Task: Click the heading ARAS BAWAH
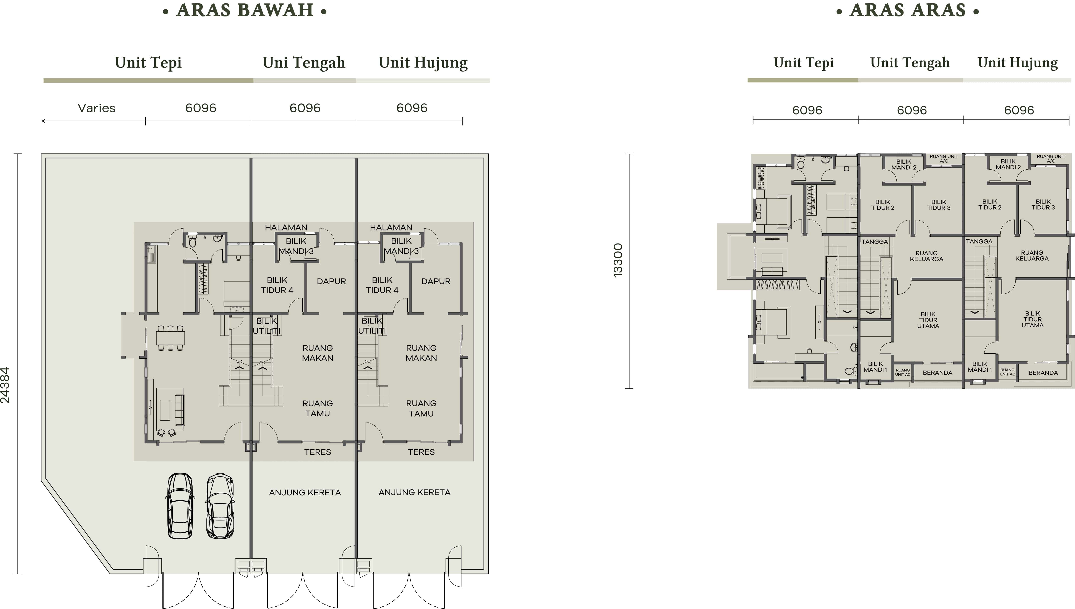click(245, 10)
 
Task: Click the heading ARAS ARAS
click(908, 10)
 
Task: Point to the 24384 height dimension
click(5, 385)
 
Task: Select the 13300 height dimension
click(618, 260)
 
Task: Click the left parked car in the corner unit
click(180, 506)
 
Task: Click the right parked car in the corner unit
click(220, 506)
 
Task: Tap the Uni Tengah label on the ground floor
click(304, 63)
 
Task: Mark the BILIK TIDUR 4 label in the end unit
click(382, 285)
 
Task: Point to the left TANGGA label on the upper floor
click(874, 242)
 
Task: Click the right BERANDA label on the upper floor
click(1043, 373)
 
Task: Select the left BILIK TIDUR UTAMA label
click(928, 320)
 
